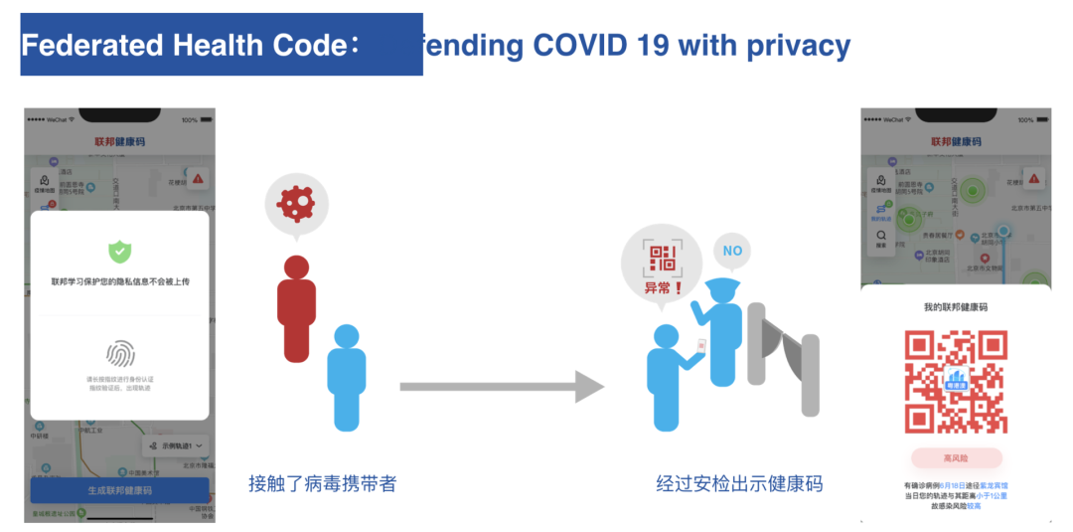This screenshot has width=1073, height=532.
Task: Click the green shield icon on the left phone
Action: coord(120,251)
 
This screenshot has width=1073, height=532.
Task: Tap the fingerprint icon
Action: coord(120,353)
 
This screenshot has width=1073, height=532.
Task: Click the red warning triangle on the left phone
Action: coord(199,179)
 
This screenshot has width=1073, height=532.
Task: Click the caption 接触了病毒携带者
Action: coord(322,484)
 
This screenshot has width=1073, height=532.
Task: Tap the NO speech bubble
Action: coord(732,251)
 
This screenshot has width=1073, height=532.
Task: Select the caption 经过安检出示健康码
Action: coord(739,484)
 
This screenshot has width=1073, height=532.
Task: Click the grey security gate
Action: coord(785,358)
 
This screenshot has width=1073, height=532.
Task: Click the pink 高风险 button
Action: coord(956,457)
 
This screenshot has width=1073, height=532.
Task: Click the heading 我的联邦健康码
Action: coord(956,307)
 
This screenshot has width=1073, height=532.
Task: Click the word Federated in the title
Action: coord(91,46)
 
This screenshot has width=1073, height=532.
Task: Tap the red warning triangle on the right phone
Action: coord(1034,180)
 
